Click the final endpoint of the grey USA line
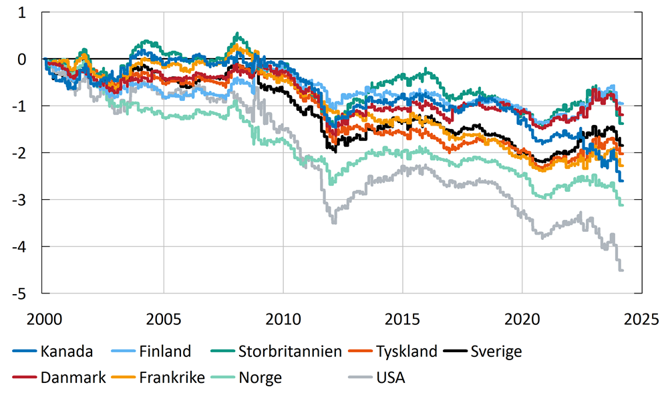(623, 270)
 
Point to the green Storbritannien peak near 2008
(236, 33)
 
